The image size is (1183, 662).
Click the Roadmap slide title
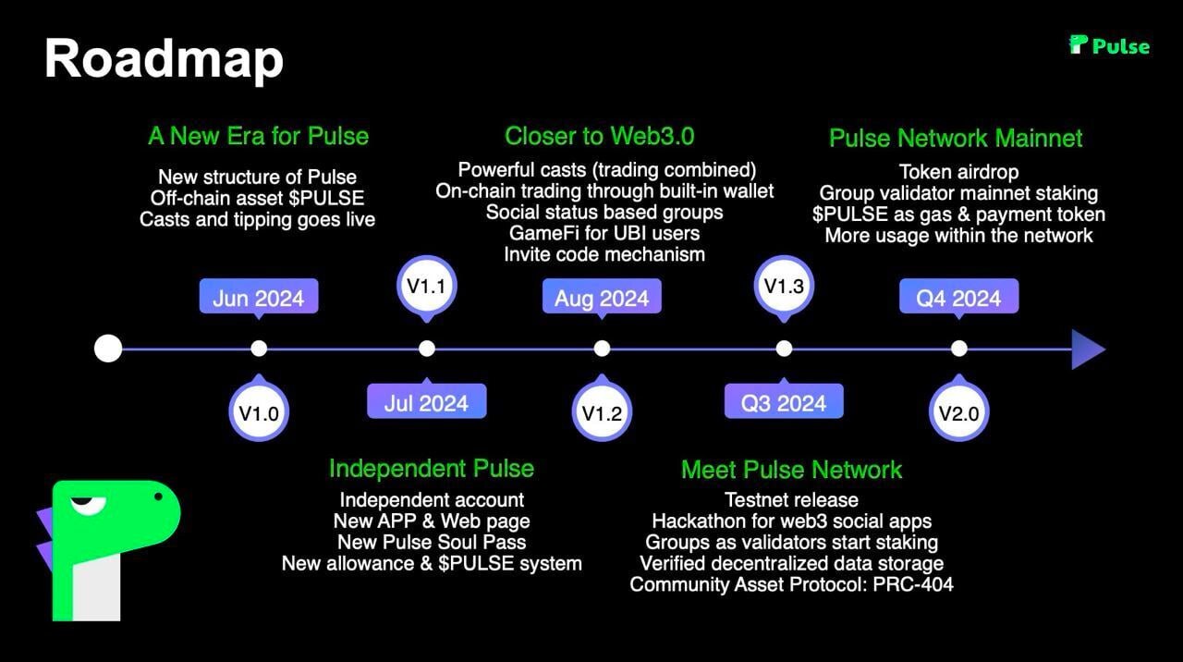(164, 58)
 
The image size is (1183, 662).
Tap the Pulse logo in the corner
(1109, 45)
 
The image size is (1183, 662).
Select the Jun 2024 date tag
(259, 298)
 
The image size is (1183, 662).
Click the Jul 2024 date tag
(426, 402)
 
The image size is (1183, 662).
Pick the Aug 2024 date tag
(602, 298)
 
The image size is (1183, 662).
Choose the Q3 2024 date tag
(784, 402)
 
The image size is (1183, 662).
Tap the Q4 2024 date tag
(958, 298)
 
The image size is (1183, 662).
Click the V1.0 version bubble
(259, 413)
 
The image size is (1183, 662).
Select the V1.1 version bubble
(426, 286)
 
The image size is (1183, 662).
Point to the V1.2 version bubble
(602, 413)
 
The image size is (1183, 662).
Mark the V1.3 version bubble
(784, 286)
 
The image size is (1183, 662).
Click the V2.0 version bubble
(958, 413)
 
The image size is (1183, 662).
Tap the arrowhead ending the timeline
(1088, 349)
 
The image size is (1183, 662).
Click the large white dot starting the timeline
(108, 349)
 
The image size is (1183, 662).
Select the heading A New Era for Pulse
(258, 137)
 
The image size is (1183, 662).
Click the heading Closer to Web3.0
(600, 137)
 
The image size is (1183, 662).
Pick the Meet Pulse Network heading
(791, 470)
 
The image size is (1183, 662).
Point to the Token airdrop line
(958, 172)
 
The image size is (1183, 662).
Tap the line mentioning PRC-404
(791, 584)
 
